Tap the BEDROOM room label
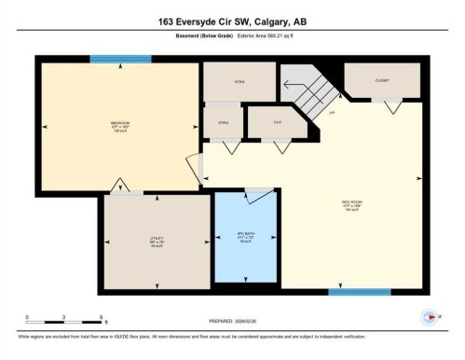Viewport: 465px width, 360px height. point(119,125)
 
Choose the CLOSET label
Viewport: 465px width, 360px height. point(382,80)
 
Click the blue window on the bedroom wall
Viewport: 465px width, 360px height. point(120,60)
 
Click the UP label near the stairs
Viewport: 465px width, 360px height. point(330,114)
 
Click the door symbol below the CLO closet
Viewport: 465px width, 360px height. point(276,145)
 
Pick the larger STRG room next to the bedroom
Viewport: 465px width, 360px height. point(239,81)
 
